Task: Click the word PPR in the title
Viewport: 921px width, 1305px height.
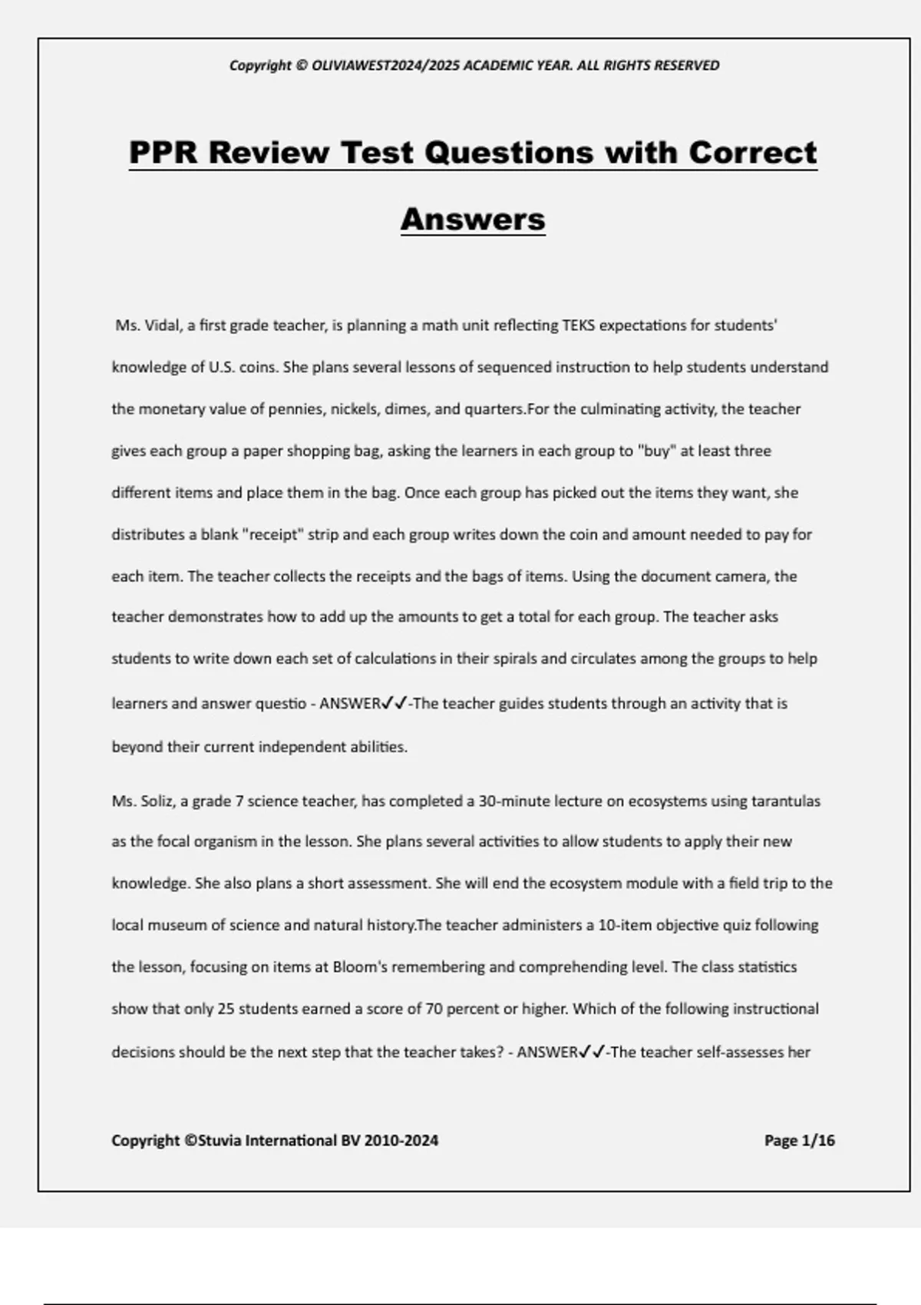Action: [163, 152]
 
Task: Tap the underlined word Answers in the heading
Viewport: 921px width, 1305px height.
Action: [473, 220]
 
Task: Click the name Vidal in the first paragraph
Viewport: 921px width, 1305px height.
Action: [161, 325]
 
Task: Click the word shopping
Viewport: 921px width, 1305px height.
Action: [318, 451]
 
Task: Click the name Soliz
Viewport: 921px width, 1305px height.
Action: [158, 801]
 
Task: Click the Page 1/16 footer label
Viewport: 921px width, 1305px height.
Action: [799, 1141]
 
